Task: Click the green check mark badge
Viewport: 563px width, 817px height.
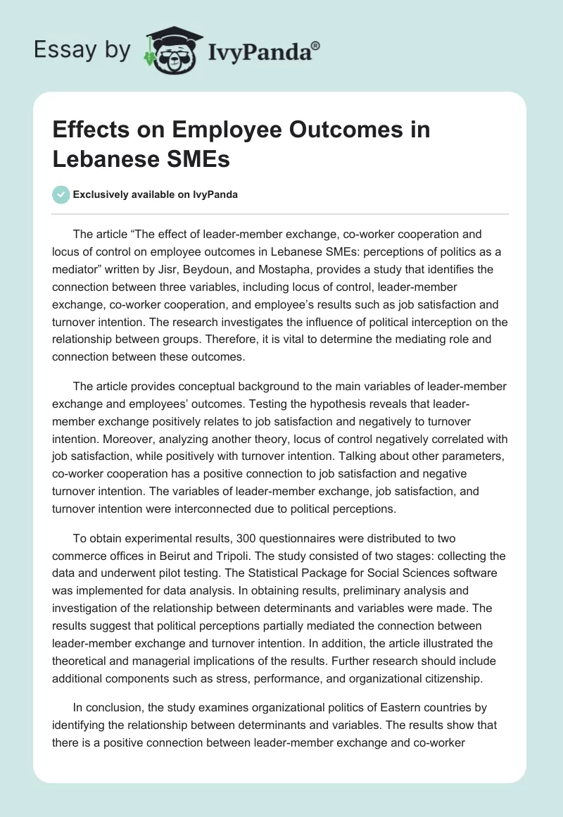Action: click(61, 194)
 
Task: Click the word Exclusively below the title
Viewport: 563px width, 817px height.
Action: click(100, 195)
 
